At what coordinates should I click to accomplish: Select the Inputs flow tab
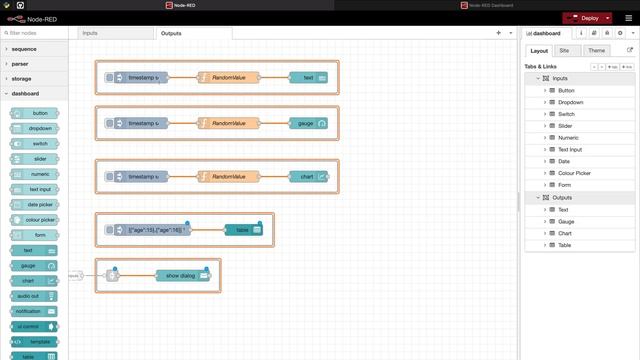coord(90,33)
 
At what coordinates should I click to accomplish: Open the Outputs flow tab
coord(171,33)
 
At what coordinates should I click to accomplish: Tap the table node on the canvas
coord(243,230)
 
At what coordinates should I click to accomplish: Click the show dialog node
coord(183,275)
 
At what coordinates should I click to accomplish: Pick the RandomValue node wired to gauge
coord(229,123)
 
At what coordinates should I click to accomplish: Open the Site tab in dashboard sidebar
coord(564,50)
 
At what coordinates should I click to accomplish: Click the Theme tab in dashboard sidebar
coord(596,50)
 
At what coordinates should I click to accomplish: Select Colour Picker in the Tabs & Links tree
coord(575,173)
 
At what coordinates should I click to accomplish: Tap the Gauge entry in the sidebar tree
coord(566,221)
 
